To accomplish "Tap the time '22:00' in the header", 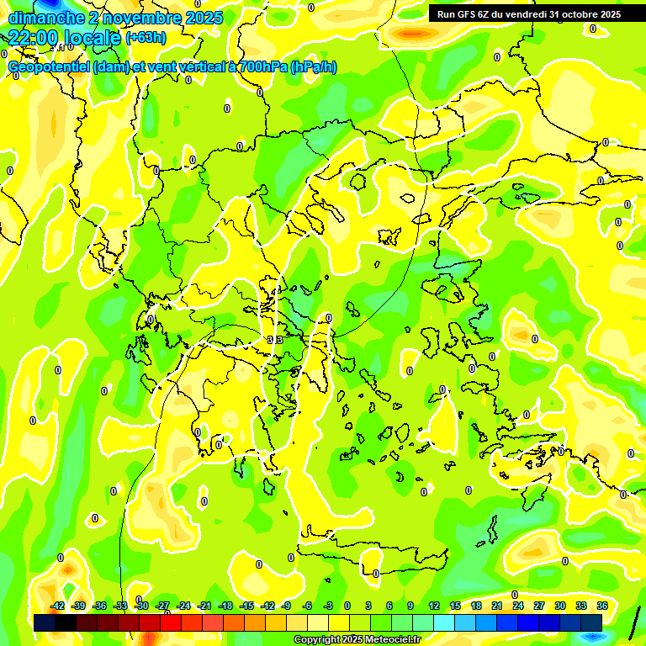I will coord(31,38).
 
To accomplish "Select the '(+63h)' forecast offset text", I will coord(146,38).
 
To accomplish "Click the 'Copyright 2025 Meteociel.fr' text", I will coord(357,640).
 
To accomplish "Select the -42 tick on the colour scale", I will coord(58,606).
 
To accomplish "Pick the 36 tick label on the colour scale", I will coord(602,606).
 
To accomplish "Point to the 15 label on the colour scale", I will coord(455,606).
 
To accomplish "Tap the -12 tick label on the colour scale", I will coord(268,606).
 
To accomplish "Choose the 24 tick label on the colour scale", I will coord(518,606).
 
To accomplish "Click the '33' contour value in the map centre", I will coord(274,339).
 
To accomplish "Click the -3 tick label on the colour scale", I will coord(329,606).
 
